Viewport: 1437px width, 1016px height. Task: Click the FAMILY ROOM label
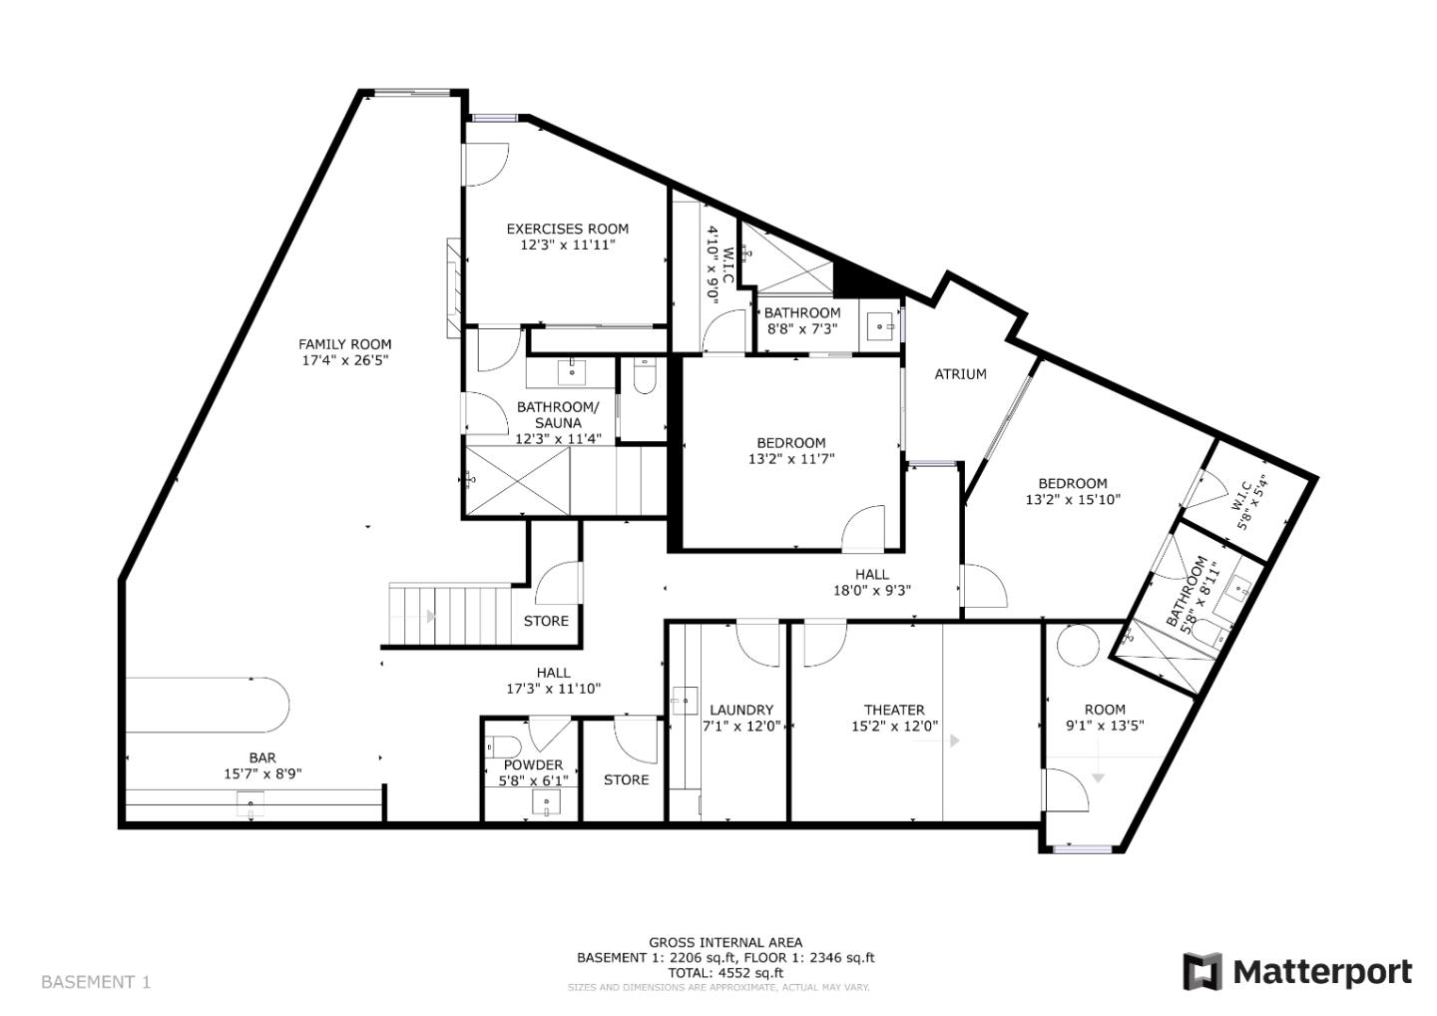pyautogui.click(x=344, y=344)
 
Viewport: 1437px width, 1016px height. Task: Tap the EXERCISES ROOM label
pyautogui.click(x=567, y=229)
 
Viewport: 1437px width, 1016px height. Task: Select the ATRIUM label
pyautogui.click(x=960, y=374)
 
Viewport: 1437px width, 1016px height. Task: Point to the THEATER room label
pyautogui.click(x=893, y=711)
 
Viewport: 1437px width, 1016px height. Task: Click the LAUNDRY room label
pyautogui.click(x=740, y=711)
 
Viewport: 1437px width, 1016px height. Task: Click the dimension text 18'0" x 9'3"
pyautogui.click(x=871, y=590)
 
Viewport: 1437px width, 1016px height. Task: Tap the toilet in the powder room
pyautogui.click(x=503, y=746)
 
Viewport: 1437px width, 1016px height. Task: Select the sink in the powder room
pyautogui.click(x=546, y=802)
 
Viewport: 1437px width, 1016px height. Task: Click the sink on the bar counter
pyautogui.click(x=249, y=800)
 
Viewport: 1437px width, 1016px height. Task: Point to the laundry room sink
pyautogui.click(x=684, y=701)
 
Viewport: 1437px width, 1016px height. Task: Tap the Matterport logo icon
pyautogui.click(x=1201, y=971)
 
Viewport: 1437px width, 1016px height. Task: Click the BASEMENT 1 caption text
pyautogui.click(x=96, y=982)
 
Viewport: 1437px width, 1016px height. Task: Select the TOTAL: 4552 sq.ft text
pyautogui.click(x=725, y=972)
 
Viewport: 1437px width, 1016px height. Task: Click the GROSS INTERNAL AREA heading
pyautogui.click(x=725, y=942)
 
